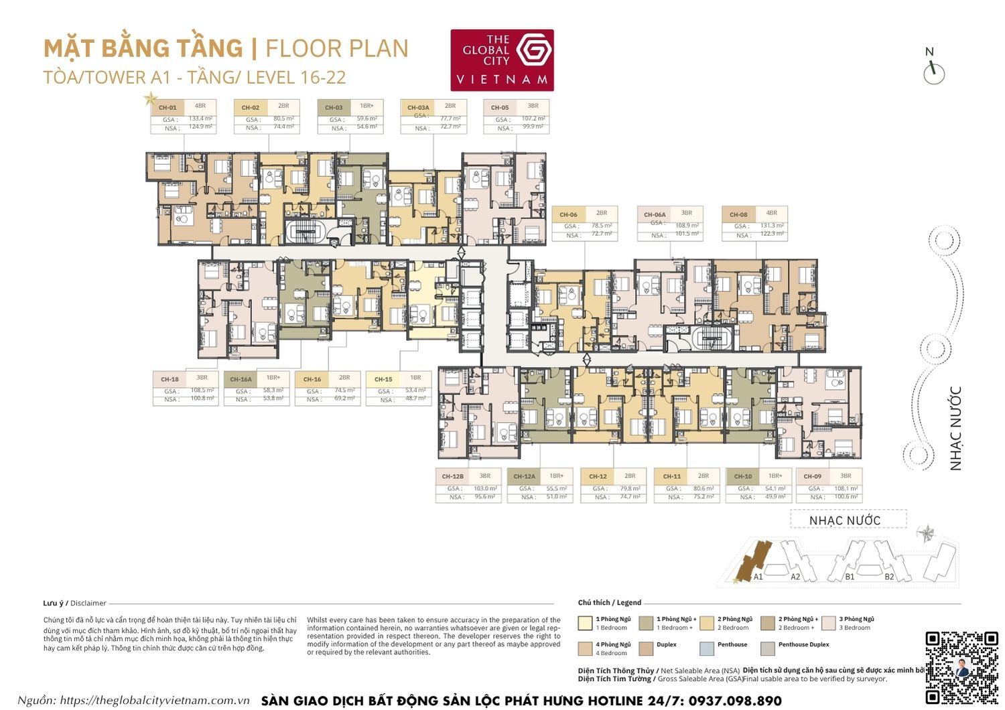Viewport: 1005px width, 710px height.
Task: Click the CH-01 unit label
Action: (x=167, y=107)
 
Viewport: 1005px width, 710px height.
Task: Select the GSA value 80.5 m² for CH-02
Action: (x=283, y=119)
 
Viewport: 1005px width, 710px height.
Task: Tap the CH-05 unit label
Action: (x=500, y=107)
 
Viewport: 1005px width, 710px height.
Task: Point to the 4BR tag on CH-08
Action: (x=772, y=213)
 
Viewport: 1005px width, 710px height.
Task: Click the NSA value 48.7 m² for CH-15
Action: (x=415, y=399)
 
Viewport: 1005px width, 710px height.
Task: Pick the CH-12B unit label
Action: (x=453, y=476)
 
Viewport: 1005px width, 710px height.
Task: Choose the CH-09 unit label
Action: (x=813, y=476)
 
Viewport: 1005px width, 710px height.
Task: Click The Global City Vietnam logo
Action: (x=502, y=60)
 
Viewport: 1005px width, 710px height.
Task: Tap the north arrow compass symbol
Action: (x=933, y=71)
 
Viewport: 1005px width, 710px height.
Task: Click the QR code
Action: (x=961, y=666)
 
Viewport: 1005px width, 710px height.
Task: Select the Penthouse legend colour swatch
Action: (x=706, y=648)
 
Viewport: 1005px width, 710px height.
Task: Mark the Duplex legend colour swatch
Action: (x=646, y=648)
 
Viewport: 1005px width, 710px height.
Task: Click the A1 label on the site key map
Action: (x=758, y=577)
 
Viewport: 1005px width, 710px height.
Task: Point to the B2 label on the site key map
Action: (x=889, y=577)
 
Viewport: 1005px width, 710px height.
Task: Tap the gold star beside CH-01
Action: (x=150, y=100)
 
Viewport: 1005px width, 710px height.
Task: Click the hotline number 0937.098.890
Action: (x=734, y=701)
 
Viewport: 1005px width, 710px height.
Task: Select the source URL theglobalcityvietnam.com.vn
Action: (x=155, y=701)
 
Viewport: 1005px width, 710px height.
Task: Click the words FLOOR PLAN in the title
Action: (x=336, y=49)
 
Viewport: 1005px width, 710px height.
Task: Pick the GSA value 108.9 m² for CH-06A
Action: (x=687, y=226)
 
